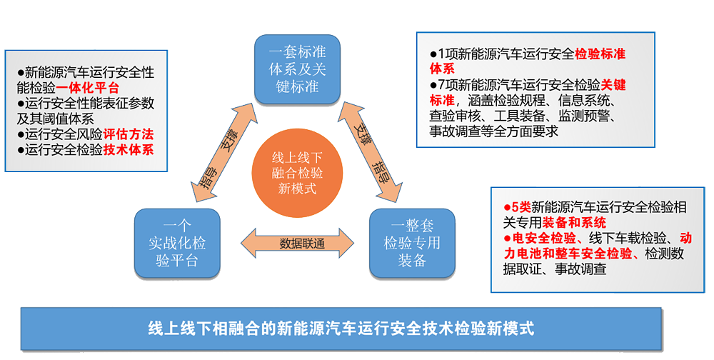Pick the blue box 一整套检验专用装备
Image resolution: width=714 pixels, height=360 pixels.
pyautogui.click(x=412, y=243)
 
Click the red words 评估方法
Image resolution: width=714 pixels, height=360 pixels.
pyautogui.click(x=129, y=134)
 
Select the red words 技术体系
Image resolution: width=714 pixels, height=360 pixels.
pyautogui.click(x=129, y=149)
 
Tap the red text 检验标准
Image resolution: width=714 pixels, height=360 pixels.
pyautogui.click(x=600, y=54)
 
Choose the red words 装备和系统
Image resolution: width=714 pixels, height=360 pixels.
pyautogui.click(x=581, y=222)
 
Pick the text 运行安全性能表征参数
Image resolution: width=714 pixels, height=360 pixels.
pyautogui.click(x=90, y=103)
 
